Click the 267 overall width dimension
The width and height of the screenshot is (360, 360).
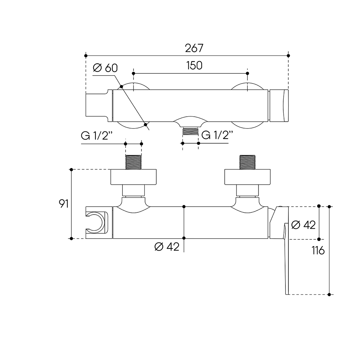[x=194, y=48]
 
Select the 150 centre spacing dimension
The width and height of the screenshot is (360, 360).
[x=194, y=66]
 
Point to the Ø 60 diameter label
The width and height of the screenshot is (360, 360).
[x=105, y=68]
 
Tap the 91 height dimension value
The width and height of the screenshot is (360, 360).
[x=64, y=204]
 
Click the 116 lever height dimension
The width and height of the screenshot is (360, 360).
[x=318, y=250]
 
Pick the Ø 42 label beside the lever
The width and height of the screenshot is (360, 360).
[x=303, y=225]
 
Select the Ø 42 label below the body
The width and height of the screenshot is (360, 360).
[x=167, y=247]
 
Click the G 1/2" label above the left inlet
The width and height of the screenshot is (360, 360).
[x=97, y=136]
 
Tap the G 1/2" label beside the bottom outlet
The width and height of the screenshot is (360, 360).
[x=217, y=135]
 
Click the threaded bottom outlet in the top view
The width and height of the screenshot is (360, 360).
[x=190, y=131]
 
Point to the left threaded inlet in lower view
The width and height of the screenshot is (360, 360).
[x=134, y=162]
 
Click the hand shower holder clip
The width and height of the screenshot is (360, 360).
[x=97, y=222]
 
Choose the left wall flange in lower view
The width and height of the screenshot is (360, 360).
[x=134, y=177]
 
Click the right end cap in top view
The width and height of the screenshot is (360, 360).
[x=279, y=105]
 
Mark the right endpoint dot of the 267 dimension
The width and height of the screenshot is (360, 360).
[x=288, y=55]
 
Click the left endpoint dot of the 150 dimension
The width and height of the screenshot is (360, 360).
[x=134, y=73]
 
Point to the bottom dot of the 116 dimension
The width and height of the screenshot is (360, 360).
[x=329, y=294]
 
